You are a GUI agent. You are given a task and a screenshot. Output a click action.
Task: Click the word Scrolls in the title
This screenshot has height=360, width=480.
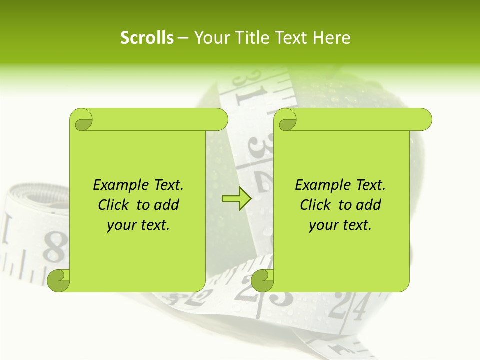147,38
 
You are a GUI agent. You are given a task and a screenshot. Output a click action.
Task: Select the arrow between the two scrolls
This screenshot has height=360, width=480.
236,199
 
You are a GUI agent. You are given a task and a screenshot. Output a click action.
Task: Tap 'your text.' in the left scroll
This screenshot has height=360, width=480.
138,225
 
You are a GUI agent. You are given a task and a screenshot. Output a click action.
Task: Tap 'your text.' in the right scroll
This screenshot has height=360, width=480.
340,225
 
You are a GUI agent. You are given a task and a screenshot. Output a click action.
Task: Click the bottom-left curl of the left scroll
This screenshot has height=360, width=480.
58,280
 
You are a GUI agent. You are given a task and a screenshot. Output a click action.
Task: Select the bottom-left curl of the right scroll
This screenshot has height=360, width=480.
262,280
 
